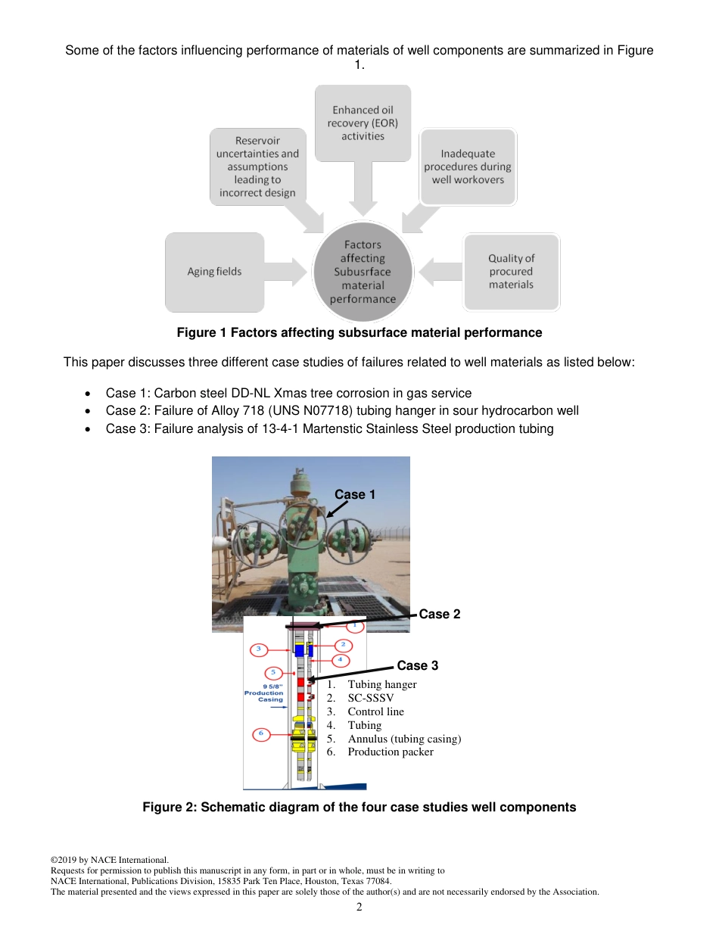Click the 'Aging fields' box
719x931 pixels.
214,272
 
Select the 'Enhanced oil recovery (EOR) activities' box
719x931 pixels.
363,123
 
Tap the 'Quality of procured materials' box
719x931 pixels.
511,272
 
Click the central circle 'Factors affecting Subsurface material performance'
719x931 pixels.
363,272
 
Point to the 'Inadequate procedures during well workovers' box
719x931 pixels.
468,167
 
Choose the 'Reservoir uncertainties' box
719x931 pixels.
257,167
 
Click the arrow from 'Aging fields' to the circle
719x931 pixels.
288,272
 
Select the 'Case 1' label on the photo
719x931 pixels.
355,494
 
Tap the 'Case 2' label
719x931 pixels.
440,614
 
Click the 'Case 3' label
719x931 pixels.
418,665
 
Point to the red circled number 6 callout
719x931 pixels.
261,733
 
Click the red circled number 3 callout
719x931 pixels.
259,649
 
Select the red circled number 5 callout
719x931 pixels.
272,673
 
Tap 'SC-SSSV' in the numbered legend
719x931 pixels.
370,698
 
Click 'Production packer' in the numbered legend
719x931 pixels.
390,752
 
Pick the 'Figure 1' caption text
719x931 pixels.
359,332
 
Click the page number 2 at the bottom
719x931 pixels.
359,908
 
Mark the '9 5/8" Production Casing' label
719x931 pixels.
264,693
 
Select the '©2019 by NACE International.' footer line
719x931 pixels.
109,860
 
